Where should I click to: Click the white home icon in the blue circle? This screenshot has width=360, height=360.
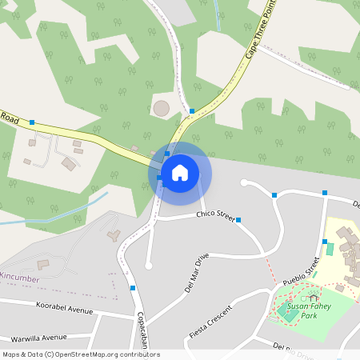[x=180, y=172]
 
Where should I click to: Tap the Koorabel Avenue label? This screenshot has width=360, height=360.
[x=64, y=308]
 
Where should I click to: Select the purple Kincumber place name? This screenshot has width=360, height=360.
[x=20, y=278]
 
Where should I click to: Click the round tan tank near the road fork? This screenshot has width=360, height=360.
[x=162, y=107]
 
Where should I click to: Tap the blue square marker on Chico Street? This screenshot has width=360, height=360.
[x=238, y=219]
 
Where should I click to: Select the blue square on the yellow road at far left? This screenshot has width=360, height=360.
[x=32, y=122]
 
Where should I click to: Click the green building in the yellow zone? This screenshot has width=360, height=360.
[x=330, y=250]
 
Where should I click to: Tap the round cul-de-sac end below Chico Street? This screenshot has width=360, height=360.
[x=148, y=266]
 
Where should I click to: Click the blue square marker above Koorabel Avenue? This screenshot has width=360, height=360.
[x=133, y=288]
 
